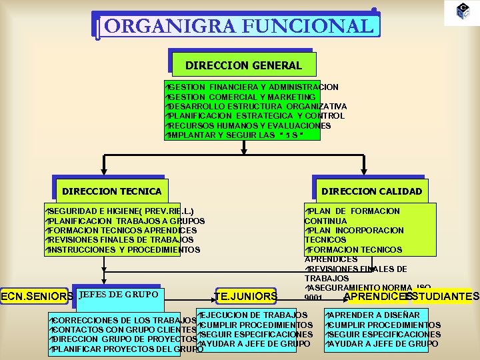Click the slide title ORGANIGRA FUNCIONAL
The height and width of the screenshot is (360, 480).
(238, 26)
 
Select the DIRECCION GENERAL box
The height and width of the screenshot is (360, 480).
(243, 65)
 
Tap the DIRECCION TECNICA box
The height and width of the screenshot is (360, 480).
(111, 191)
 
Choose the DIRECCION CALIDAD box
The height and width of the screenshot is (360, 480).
(371, 191)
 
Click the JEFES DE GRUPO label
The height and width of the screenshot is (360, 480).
(118, 294)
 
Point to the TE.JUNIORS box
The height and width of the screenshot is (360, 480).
(246, 296)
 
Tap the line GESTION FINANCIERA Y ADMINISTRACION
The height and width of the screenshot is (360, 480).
(253, 87)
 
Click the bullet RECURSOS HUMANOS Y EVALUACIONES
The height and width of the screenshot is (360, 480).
(249, 126)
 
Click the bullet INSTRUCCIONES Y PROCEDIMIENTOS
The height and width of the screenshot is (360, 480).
(124, 250)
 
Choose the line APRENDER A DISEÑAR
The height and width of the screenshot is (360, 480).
(373, 315)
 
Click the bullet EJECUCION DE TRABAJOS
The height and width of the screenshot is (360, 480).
(253, 315)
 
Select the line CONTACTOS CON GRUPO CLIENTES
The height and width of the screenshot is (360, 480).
(124, 329)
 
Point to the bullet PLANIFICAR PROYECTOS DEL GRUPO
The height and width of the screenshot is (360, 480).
(127, 349)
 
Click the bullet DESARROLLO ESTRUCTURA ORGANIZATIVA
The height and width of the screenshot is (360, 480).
(257, 107)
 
